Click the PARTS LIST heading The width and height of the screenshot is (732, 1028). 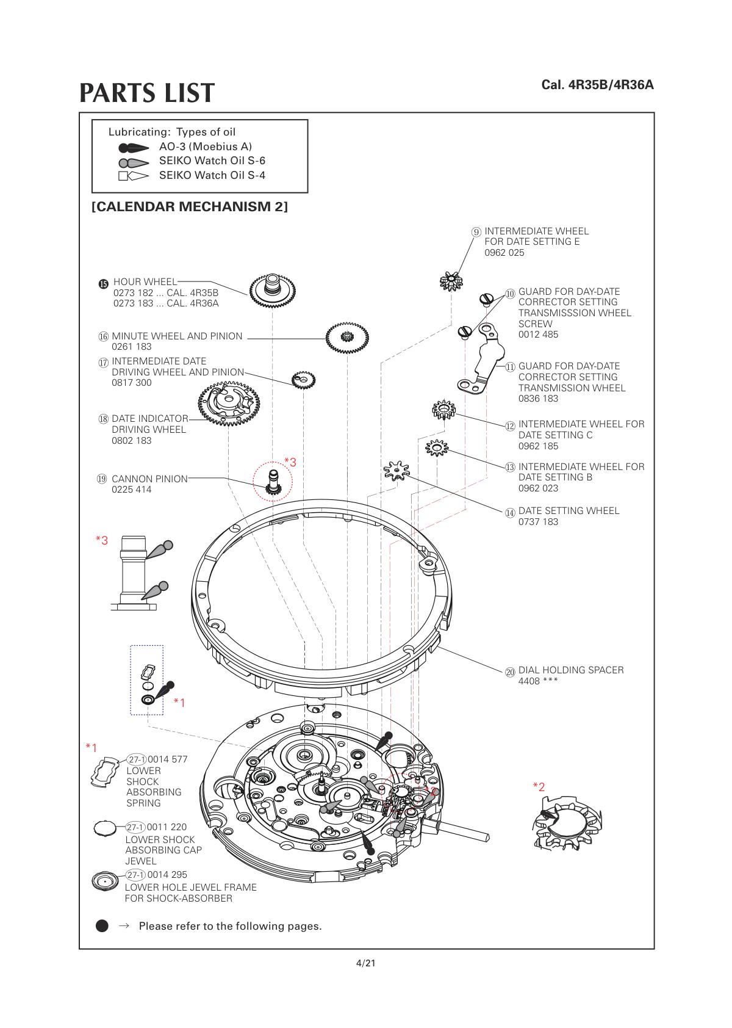coord(147,93)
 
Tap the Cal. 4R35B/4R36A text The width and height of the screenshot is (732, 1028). coord(597,85)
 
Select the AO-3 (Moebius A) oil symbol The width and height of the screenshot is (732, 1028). coord(134,148)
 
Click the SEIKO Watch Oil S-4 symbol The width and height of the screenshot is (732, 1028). coord(134,176)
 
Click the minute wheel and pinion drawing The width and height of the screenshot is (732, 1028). coord(347,337)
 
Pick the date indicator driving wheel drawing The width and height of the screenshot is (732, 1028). coord(229,402)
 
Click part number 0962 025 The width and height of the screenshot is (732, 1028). coord(504,253)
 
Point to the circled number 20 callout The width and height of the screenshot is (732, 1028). coord(510,672)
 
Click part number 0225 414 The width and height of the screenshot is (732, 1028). coord(132,490)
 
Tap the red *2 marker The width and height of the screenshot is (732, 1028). coord(539,787)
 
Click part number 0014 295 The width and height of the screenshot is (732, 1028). coord(167,875)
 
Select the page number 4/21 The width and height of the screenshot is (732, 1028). coord(365,964)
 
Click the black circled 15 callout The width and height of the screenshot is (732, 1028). coord(103,283)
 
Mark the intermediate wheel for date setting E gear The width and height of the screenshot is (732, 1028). coord(451,281)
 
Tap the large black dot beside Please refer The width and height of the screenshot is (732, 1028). coord(102,926)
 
